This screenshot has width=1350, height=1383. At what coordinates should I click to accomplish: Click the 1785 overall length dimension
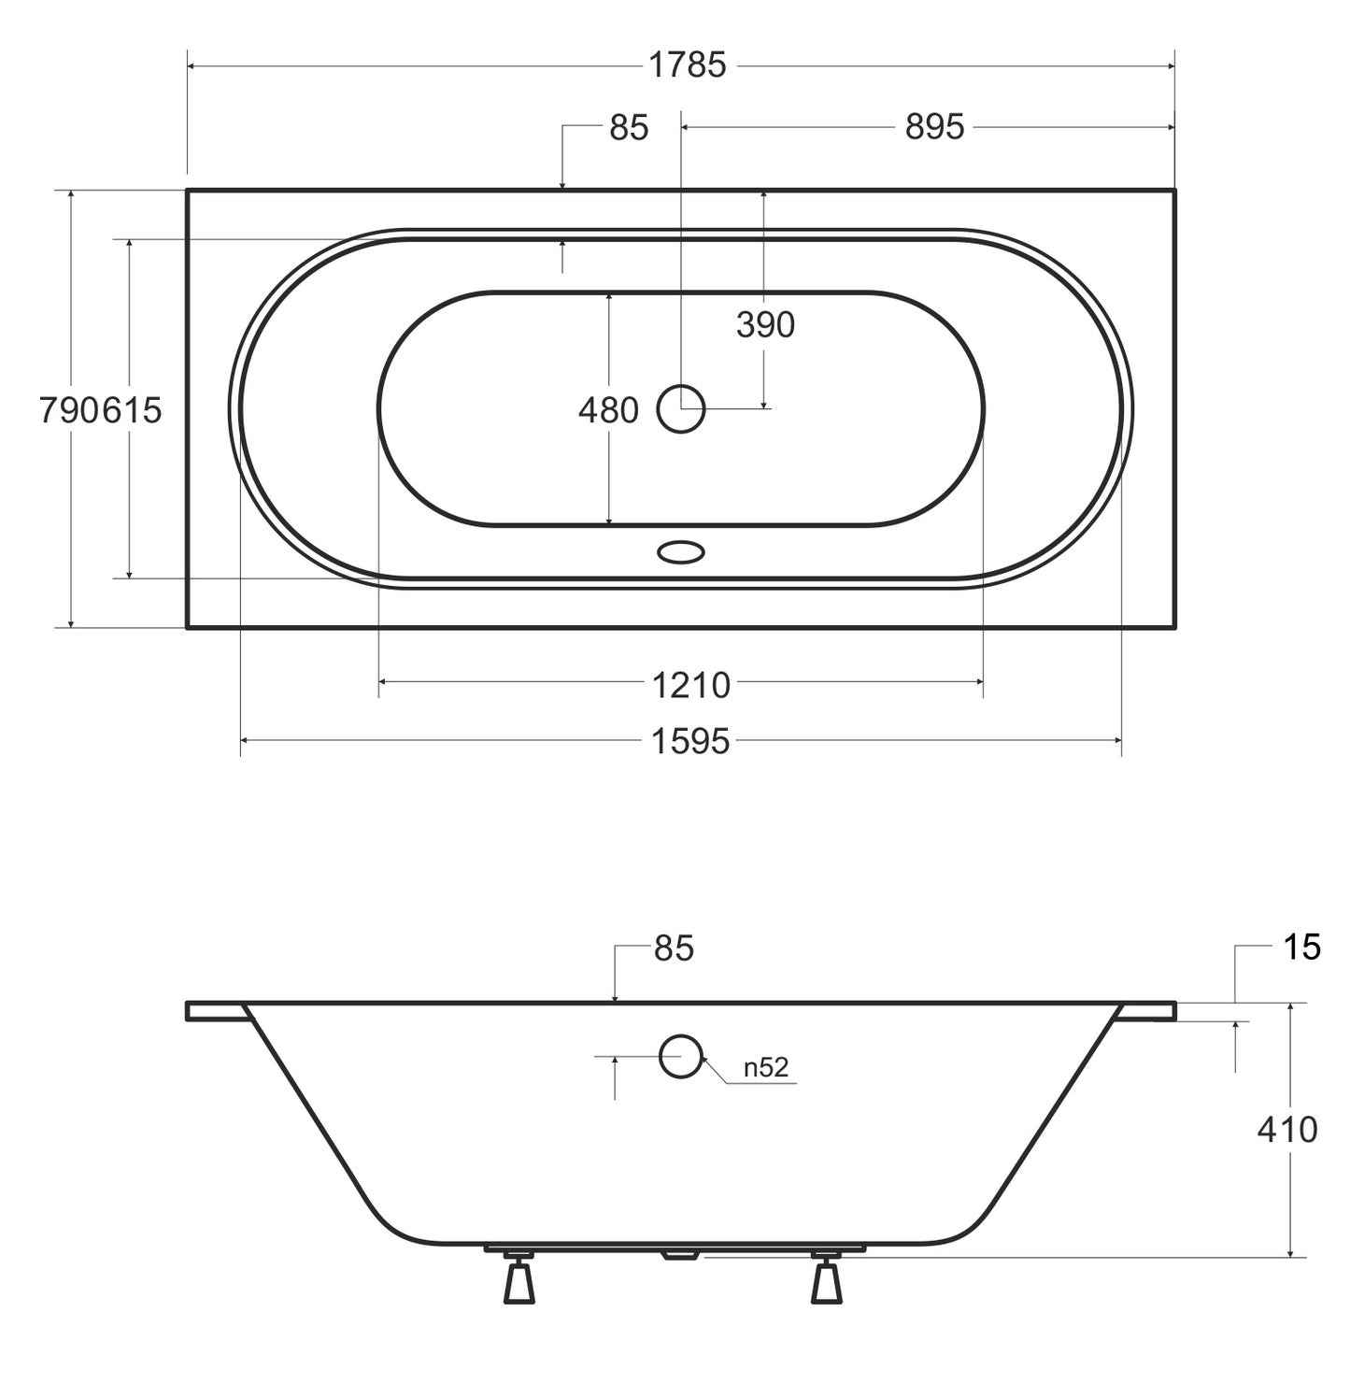687,65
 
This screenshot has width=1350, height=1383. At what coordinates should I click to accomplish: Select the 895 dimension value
934,128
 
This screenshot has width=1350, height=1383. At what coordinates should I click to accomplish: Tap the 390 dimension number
765,325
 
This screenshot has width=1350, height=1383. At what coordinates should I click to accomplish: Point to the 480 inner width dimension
608,410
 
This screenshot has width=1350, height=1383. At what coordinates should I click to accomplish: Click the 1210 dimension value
690,686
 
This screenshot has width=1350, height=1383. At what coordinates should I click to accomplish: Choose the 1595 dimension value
690,742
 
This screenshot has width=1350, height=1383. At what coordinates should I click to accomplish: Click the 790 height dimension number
70,410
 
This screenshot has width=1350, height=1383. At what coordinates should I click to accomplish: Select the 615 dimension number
132,410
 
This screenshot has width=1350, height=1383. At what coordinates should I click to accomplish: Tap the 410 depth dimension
1286,1129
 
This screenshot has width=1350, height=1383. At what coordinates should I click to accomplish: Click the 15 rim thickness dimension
1301,948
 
